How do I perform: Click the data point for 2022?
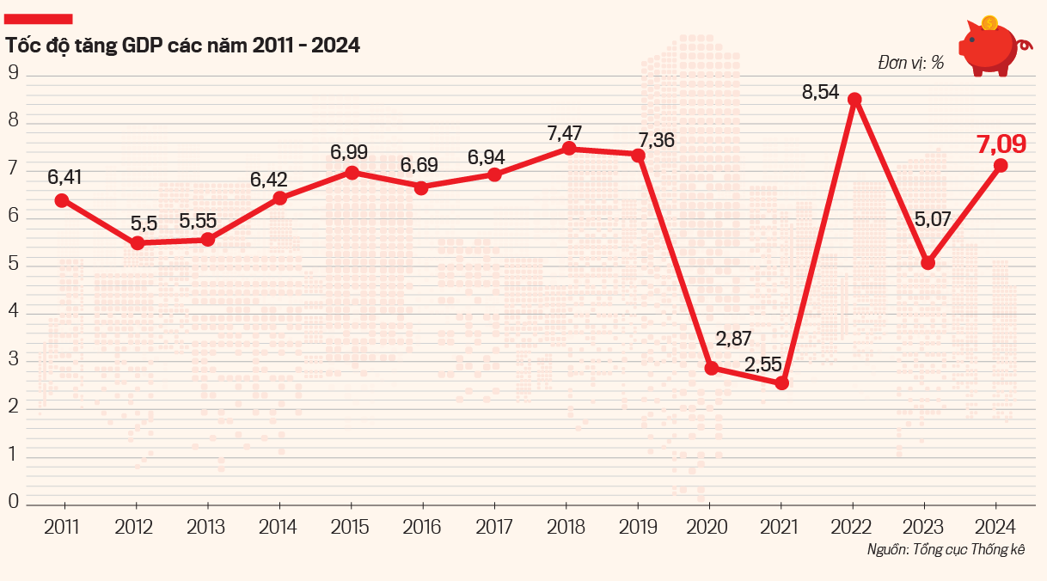pos(854,100)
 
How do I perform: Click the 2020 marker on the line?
pos(711,368)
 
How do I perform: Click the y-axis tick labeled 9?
pos(13,72)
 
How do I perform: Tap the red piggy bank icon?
pos(989,50)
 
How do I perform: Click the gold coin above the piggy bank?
pos(989,23)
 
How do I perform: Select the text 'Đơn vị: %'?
pos(911,63)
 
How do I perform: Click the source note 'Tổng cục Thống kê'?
pos(971,550)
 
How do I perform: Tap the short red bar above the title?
pos(39,19)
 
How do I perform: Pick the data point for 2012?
pos(137,243)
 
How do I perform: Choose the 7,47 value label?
pos(565,134)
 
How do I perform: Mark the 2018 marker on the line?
pos(568,149)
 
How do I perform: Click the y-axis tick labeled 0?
pos(13,500)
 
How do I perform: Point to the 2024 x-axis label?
pos(997,527)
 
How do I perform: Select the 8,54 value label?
pos(820,93)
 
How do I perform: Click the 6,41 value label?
pos(64,178)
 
